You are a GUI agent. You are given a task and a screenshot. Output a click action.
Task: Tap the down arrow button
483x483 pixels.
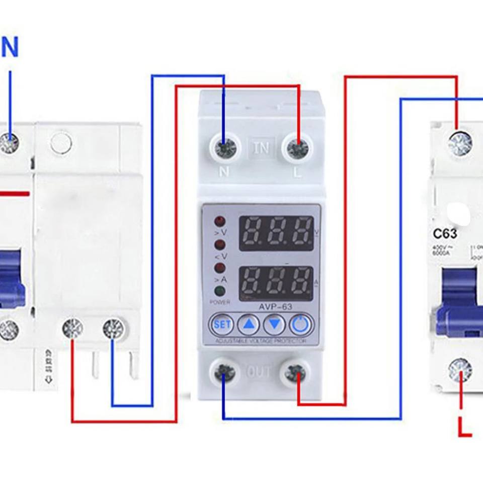pyautogui.click(x=274, y=325)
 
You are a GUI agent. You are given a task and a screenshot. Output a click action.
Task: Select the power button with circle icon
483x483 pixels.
pyautogui.click(x=301, y=325)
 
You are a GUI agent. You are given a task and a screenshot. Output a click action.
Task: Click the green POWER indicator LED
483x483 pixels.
pyautogui.click(x=220, y=291)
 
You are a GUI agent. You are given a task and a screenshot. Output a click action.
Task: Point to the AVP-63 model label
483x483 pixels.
pyautogui.click(x=275, y=307)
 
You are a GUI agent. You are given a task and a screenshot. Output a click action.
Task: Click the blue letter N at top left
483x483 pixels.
pyautogui.click(x=10, y=47)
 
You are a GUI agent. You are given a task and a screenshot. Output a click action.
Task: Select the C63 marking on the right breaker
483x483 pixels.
pyautogui.click(x=445, y=234)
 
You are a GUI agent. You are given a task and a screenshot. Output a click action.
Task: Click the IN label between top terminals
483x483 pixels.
pyautogui.click(x=261, y=148)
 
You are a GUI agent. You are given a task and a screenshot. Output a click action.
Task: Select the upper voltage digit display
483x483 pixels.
pyautogui.click(x=276, y=233)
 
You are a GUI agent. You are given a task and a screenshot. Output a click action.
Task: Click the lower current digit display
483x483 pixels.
pyautogui.click(x=276, y=283)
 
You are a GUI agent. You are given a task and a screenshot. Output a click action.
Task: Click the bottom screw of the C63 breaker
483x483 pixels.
pyautogui.click(x=460, y=370)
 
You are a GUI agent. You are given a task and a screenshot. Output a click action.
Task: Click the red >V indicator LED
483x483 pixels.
pyautogui.click(x=220, y=221)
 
